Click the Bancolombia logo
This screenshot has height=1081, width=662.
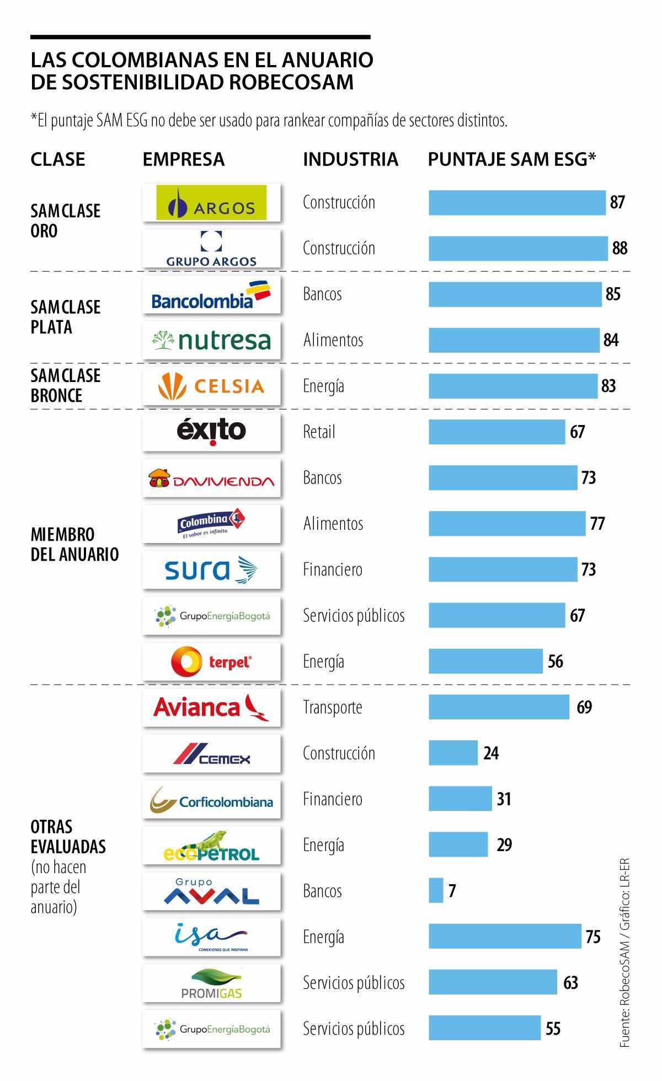click(211, 295)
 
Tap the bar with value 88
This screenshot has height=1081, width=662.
click(517, 248)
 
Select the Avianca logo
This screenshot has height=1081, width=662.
click(211, 708)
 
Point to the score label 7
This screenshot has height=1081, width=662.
click(452, 891)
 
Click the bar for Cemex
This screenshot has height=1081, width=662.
click(453, 753)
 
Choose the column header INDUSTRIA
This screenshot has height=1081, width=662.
click(350, 159)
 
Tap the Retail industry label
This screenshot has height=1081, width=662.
click(319, 432)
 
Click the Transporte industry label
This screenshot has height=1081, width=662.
click(332, 707)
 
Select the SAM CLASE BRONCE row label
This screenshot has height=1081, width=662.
click(65, 385)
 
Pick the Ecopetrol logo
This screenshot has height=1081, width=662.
click(211, 846)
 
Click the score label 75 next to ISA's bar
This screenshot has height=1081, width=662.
click(593, 937)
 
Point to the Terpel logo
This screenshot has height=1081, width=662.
click(211, 661)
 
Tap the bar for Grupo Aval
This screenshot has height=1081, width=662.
click(436, 891)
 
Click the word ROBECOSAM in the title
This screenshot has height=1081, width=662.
click(291, 82)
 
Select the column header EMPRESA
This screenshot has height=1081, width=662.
click(183, 159)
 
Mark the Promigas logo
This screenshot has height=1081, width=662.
click(211, 983)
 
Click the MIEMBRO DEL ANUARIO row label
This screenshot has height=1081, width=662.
click(74, 544)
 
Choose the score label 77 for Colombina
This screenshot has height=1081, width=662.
click(597, 523)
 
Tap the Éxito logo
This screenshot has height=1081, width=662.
click(211, 432)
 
